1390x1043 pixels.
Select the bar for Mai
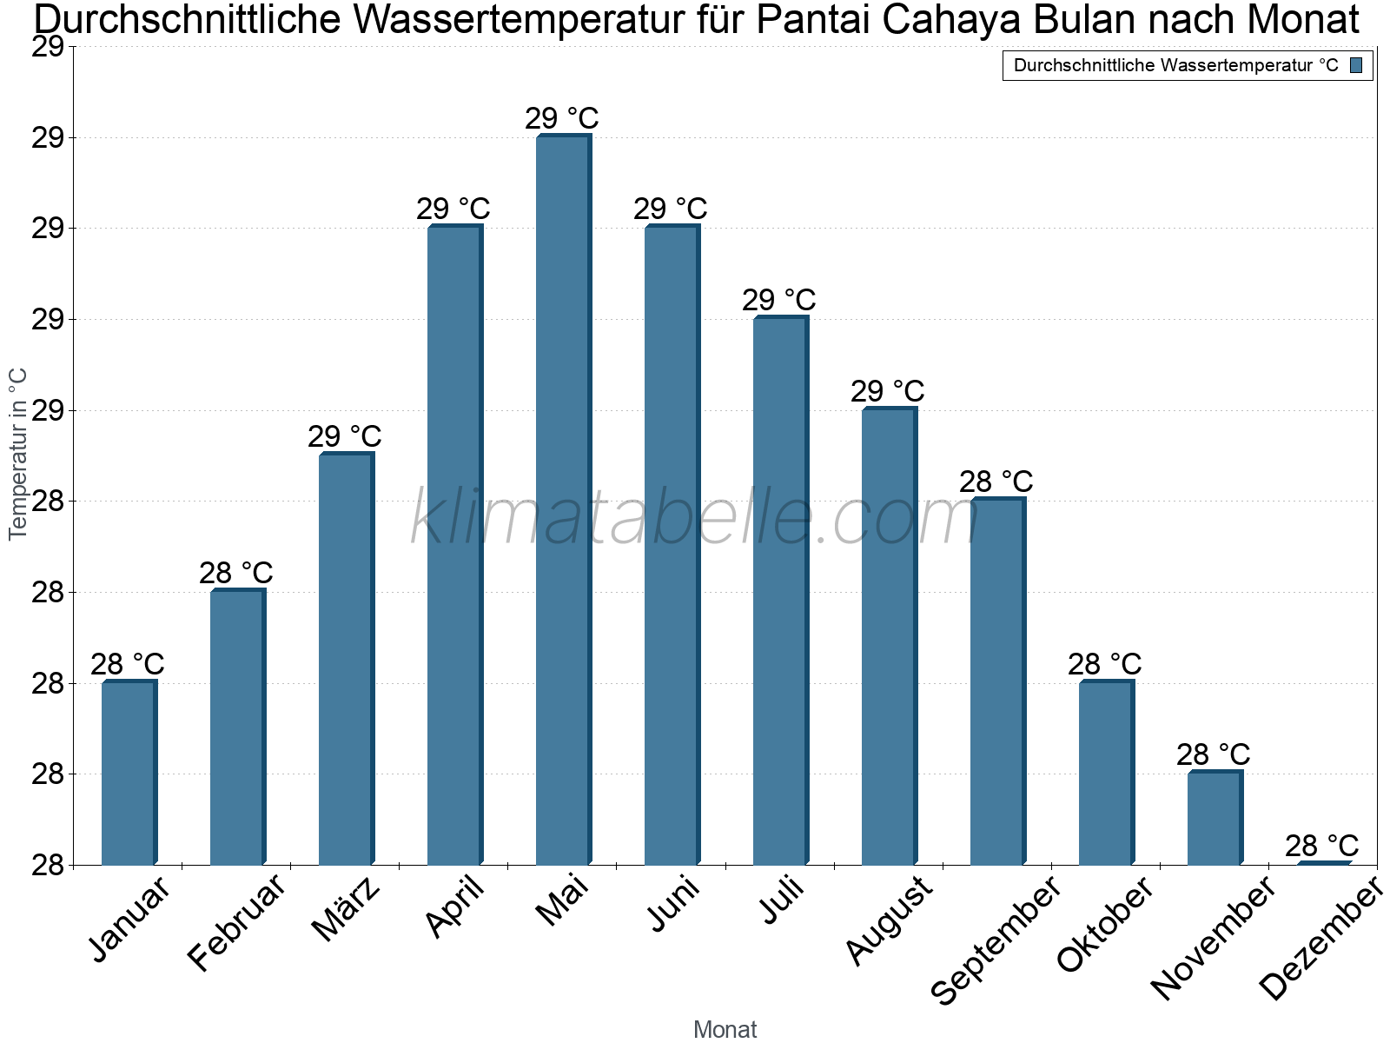563,500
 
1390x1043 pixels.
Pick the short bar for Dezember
1324,863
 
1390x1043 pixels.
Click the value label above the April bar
453,209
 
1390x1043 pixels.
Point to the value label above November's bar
1213,754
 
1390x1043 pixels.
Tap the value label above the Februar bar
235,573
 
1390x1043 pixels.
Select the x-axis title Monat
725,1029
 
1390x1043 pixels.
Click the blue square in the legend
1356,65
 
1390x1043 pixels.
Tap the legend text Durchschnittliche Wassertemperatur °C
1175,65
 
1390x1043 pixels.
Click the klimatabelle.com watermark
694,518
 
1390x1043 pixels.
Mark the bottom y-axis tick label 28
49,865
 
